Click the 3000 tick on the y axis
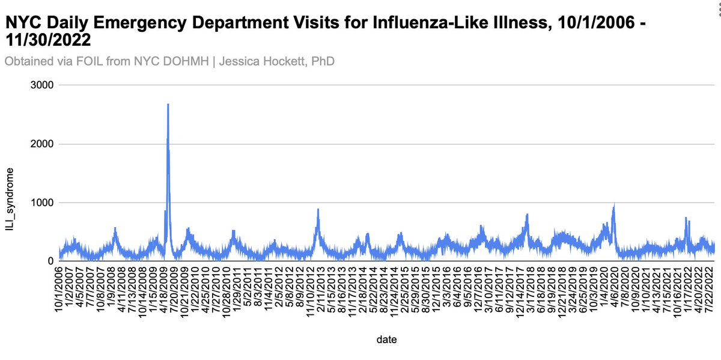[x=43, y=85]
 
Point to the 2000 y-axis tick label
[x=43, y=144]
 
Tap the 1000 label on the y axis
[x=43, y=203]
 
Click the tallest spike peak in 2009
[x=168, y=105]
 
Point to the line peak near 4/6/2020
[x=614, y=205]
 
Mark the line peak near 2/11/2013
[x=318, y=209]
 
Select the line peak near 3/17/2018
[x=527, y=214]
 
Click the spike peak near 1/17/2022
[x=686, y=218]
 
